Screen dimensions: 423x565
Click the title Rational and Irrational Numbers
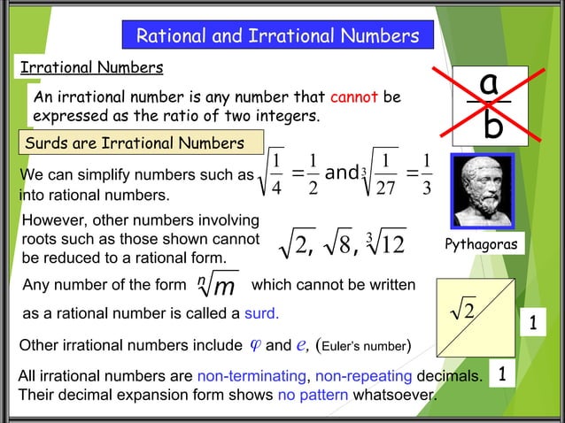pyautogui.click(x=276, y=36)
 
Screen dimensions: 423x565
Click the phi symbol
pyautogui.click(x=256, y=343)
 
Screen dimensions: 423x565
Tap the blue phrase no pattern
pyautogui.click(x=311, y=396)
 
